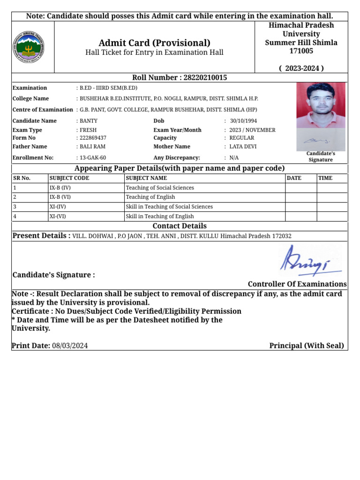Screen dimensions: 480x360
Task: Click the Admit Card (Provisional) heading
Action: [x=154, y=43]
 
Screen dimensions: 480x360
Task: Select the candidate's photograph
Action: [x=321, y=105]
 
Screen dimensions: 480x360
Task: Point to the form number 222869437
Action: [x=93, y=138]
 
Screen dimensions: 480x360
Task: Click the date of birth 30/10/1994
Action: [x=243, y=120]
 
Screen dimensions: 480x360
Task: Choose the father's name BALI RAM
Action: [x=92, y=146]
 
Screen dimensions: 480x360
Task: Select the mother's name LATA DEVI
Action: [x=243, y=146]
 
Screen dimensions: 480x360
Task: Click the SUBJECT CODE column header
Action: [x=69, y=178]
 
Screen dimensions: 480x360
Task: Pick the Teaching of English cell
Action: [x=150, y=197]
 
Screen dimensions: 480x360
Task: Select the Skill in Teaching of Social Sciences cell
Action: [x=169, y=207]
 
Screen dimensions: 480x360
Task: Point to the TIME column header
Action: [x=325, y=178]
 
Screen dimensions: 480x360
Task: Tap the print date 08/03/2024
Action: [x=70, y=346]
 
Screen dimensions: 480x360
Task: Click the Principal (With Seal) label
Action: [x=307, y=346]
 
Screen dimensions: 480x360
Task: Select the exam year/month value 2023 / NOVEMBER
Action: [x=252, y=130]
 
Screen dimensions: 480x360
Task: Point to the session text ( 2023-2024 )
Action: [x=301, y=68]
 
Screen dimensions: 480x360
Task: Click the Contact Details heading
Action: [x=180, y=226]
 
